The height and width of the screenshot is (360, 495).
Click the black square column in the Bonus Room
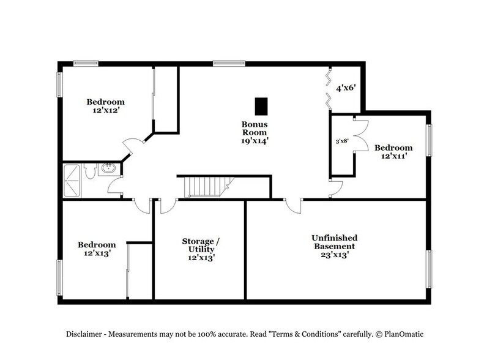coord(261,106)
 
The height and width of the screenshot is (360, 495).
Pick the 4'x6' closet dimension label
coord(350,88)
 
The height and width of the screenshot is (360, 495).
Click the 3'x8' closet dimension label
coord(343,141)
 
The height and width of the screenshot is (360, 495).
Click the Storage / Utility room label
coord(198,249)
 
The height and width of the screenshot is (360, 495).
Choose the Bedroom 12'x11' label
coord(393,152)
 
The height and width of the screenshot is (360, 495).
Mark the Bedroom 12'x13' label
coord(97,249)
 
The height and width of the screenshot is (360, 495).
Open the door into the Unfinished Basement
coord(292,206)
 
